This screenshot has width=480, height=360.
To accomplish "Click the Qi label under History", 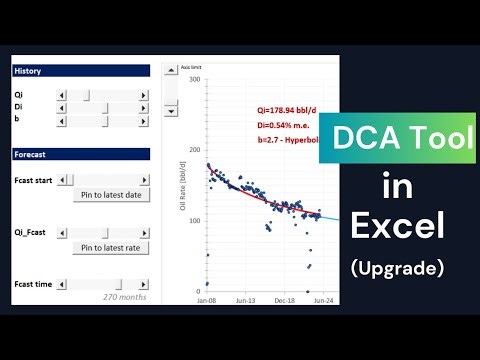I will coord(19,94).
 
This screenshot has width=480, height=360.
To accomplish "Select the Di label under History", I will coord(19,107).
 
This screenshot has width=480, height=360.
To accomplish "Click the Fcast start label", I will coord(33,180).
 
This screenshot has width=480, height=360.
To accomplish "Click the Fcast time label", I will coord(32,284).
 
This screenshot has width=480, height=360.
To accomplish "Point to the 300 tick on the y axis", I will coord(193,79).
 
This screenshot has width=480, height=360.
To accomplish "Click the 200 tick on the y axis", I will coord(193,149).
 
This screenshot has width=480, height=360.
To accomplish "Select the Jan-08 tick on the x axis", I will coord(207,299).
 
